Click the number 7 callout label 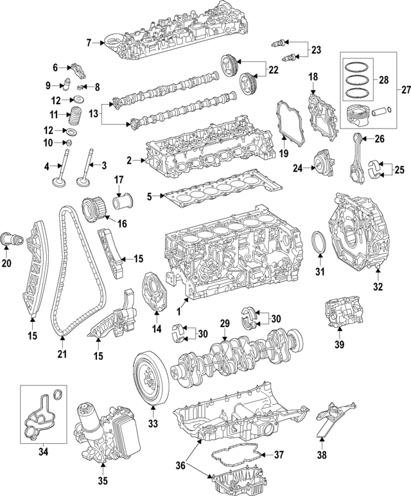pos(89,43)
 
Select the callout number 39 pos(340,344)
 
